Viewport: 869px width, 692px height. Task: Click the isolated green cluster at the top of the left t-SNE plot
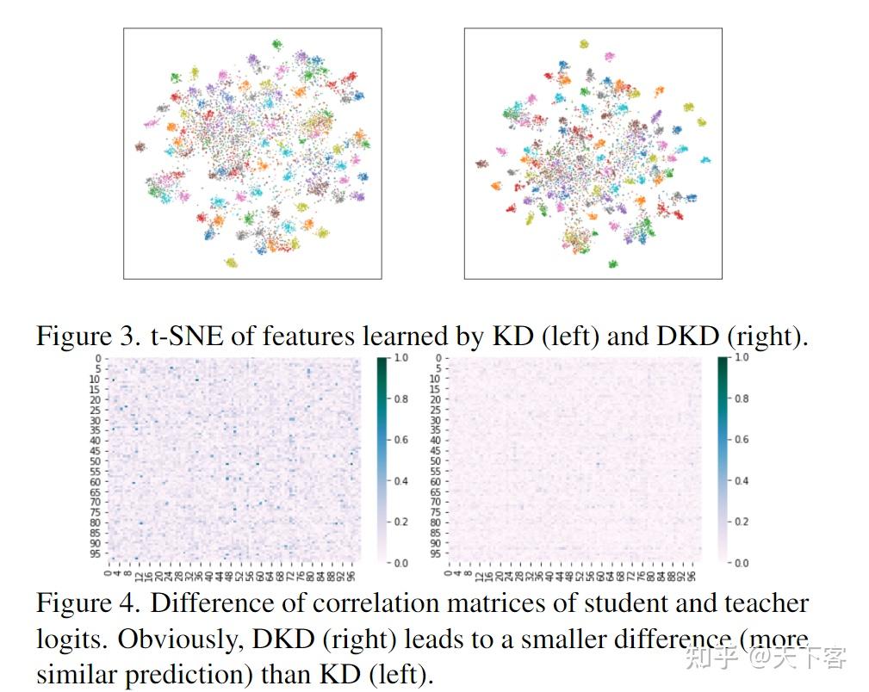click(x=276, y=44)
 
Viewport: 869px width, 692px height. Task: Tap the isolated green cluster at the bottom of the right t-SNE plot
click(x=613, y=263)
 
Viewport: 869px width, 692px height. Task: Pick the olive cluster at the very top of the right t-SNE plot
click(x=584, y=43)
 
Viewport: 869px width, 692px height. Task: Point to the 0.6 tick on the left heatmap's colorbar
click(x=401, y=440)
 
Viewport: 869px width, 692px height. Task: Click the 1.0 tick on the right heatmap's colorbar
click(x=742, y=357)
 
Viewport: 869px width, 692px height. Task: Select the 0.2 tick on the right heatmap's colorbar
click(x=742, y=522)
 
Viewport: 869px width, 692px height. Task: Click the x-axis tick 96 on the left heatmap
click(x=351, y=572)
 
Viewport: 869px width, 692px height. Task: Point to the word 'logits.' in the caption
click(x=72, y=639)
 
